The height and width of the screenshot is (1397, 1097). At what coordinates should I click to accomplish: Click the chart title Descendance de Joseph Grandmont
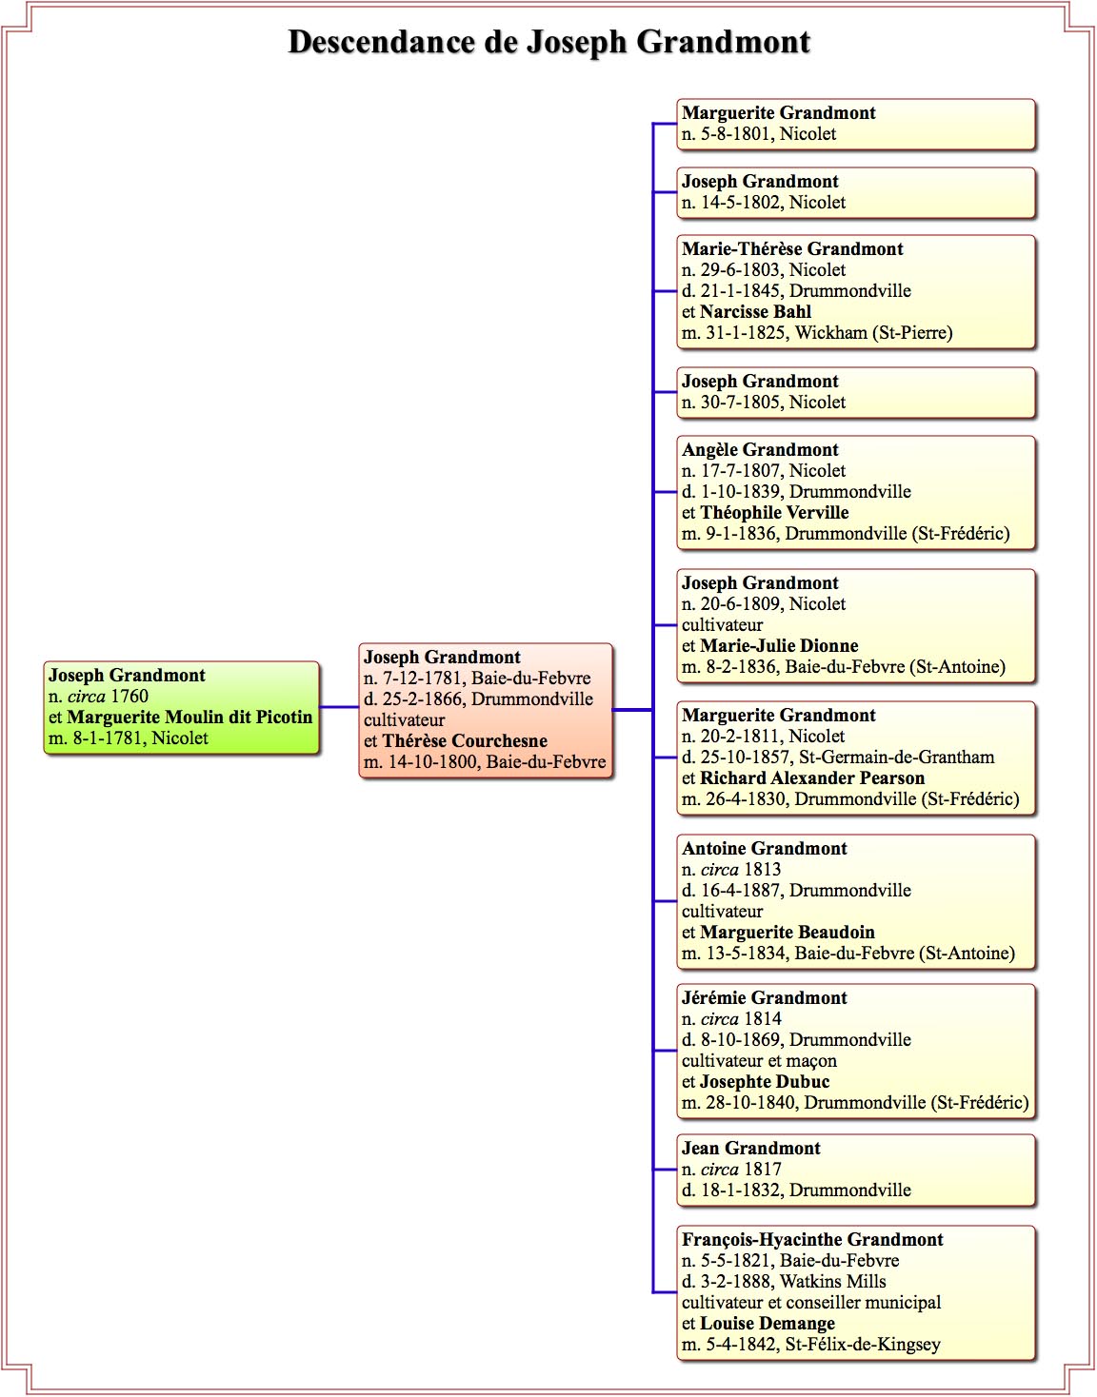[x=548, y=43]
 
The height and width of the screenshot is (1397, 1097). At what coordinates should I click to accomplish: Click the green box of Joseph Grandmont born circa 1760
[x=181, y=707]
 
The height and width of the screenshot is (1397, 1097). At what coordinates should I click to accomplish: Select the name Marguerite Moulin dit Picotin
[x=189, y=717]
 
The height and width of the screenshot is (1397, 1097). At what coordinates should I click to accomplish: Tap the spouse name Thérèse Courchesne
[x=465, y=740]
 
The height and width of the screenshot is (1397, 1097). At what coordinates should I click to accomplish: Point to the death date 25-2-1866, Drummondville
[x=478, y=698]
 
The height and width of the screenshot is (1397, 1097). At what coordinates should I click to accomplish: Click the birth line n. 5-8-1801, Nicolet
[x=759, y=134]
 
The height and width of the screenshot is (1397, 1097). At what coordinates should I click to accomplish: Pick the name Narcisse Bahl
[x=755, y=312]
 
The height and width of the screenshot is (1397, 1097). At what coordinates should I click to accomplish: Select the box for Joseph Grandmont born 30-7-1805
[x=856, y=392]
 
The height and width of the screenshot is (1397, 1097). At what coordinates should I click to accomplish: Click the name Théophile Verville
[x=774, y=512]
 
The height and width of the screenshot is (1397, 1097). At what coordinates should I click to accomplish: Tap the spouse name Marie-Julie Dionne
[x=779, y=645]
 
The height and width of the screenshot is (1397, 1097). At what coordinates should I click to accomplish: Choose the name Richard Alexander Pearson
[x=812, y=777]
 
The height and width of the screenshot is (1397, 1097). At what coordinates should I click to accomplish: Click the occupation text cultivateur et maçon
[x=759, y=1061]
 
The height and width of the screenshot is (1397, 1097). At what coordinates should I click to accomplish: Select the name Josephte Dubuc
[x=765, y=1082]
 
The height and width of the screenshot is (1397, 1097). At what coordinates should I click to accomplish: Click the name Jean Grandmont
[x=751, y=1149]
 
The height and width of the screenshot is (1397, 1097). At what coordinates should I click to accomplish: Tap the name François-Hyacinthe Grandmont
[x=812, y=1239]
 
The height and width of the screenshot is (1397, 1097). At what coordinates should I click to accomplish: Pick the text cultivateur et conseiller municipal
[x=811, y=1303]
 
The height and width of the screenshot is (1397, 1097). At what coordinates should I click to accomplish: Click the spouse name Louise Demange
[x=768, y=1324]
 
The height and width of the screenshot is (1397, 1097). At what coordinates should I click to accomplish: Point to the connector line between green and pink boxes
[x=339, y=707]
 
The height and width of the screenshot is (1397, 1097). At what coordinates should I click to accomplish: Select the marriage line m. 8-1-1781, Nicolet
[x=128, y=738]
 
